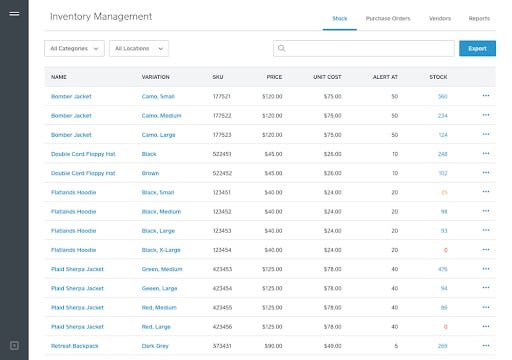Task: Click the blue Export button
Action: tap(477, 48)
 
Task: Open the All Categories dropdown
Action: tap(74, 48)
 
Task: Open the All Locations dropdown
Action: tap(138, 48)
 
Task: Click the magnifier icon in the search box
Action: tap(282, 48)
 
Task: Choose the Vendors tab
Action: tap(440, 18)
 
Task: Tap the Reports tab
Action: tap(479, 18)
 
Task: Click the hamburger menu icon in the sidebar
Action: tap(14, 15)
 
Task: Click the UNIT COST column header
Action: tap(328, 77)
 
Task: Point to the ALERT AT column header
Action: tap(386, 77)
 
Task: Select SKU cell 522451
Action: tap(222, 154)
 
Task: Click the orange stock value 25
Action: tap(443, 192)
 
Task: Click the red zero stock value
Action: tap(445, 249)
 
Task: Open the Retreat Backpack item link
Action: tap(75, 345)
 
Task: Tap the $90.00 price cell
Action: tap(272, 345)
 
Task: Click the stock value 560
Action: tap(442, 97)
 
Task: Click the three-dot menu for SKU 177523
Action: tap(486, 135)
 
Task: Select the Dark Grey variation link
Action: tap(156, 345)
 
